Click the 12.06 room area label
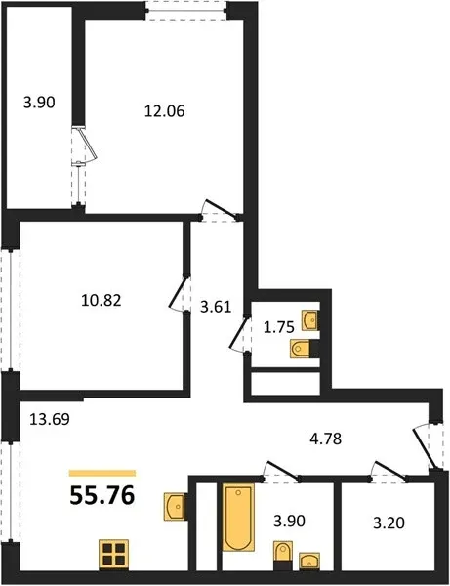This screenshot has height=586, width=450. click(165, 111)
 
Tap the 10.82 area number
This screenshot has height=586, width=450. click(102, 300)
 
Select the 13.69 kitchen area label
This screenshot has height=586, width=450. click(50, 419)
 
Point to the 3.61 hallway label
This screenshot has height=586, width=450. click(216, 307)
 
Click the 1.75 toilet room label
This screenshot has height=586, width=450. click(279, 327)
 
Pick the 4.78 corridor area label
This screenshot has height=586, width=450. click(326, 439)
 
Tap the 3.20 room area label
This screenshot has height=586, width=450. click(389, 523)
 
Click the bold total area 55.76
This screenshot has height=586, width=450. click(102, 496)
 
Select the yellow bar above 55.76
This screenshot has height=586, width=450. click(102, 473)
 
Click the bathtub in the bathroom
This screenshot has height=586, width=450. click(238, 518)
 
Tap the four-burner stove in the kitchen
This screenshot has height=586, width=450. click(114, 554)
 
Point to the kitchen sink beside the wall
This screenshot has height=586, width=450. click(175, 506)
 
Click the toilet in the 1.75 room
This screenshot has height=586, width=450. click(300, 349)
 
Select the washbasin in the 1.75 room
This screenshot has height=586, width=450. click(310, 320)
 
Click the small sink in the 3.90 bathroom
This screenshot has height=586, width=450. click(309, 561)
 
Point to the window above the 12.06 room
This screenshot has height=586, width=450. click(186, 10)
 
